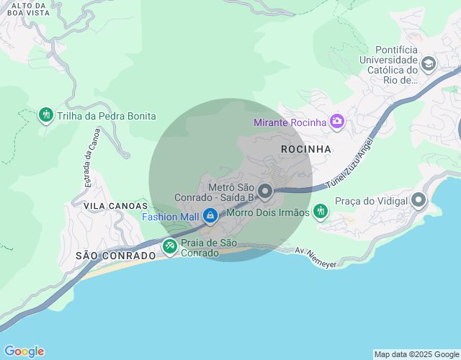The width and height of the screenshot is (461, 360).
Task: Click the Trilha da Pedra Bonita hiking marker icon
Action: point(46,115)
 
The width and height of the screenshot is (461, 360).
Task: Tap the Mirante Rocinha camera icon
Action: point(336,122)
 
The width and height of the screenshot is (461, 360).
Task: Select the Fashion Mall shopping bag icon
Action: point(210,215)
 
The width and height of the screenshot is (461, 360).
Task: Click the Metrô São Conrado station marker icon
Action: point(265,192)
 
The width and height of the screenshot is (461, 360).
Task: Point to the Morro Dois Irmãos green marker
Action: point(321,212)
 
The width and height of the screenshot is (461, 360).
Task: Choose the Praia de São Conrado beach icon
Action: point(170,246)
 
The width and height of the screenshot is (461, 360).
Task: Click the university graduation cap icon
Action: point(429,65)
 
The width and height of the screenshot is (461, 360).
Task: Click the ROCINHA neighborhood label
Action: point(307,149)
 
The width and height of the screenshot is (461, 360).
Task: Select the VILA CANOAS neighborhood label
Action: point(110,206)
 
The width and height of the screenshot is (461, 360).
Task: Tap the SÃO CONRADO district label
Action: point(115,256)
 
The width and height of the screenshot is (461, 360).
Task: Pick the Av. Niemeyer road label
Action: point(315,257)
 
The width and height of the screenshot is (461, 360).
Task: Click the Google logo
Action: point(23,351)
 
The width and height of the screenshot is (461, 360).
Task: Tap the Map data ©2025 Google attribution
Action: point(416,354)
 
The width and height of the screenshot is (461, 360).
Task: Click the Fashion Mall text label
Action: point(170,216)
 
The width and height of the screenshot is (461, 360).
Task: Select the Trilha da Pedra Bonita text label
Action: point(107,116)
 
